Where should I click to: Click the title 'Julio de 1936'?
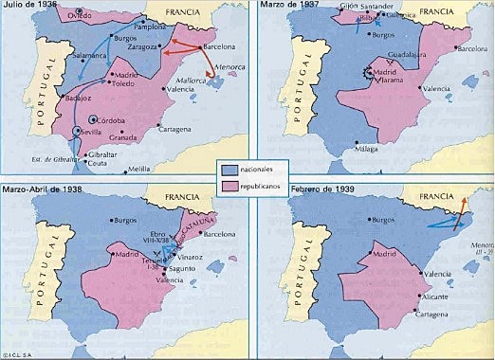click(x=31, y=7)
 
